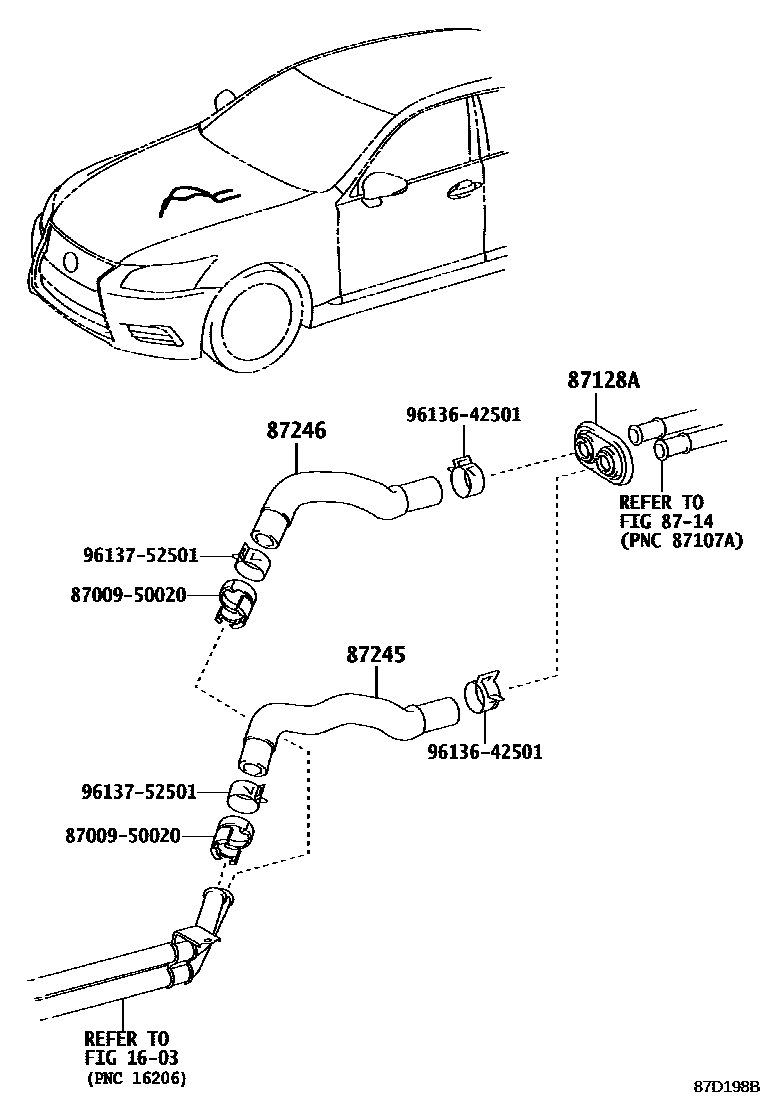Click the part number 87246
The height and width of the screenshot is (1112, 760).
(x=296, y=431)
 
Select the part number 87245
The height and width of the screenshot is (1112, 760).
(x=376, y=655)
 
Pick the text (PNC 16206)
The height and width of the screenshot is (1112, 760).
(x=136, y=1077)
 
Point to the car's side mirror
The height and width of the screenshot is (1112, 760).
(x=384, y=185)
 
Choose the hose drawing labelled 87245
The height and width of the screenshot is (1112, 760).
(x=340, y=713)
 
